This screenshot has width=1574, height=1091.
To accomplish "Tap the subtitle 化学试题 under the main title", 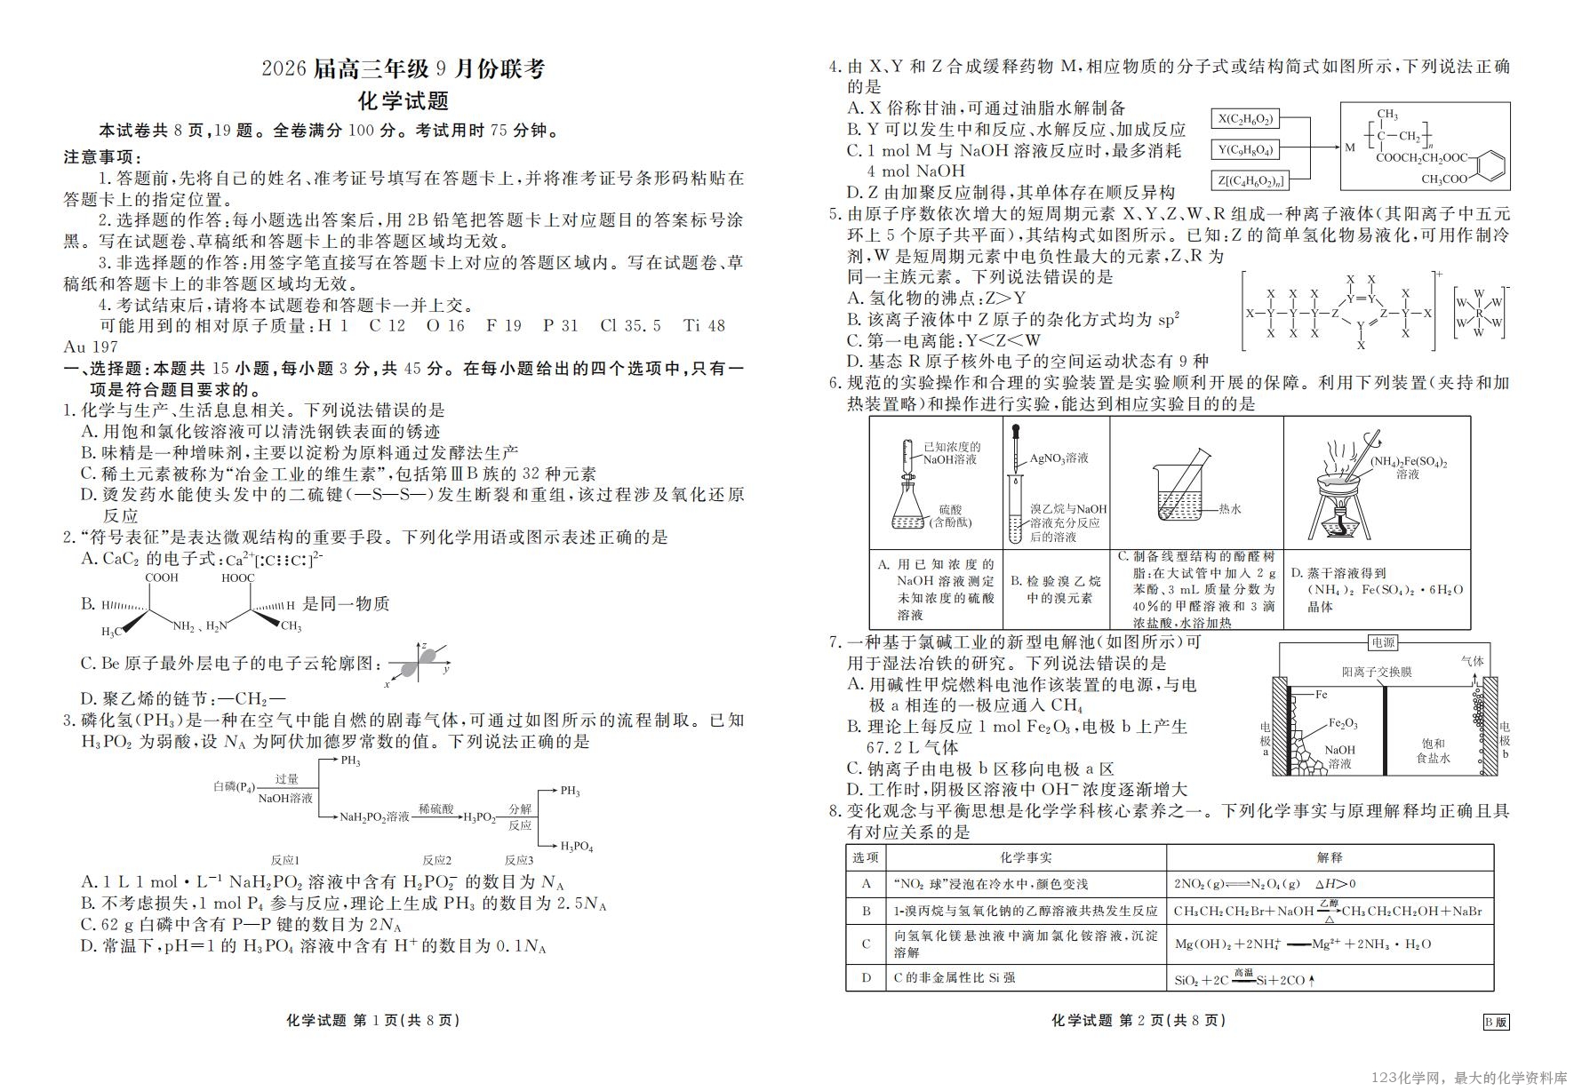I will tap(403, 100).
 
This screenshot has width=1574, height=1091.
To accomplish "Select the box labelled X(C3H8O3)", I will tap(1245, 118).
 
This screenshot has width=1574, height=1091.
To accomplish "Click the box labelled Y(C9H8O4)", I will tap(1245, 150).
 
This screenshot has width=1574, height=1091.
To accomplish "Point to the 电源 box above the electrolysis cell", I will tap(1383, 642).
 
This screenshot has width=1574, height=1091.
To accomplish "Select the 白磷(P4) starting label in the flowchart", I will tap(235, 787).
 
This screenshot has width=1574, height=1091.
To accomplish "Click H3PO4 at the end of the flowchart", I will tap(576, 847).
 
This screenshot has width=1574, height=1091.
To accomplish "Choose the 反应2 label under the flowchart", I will tap(436, 860).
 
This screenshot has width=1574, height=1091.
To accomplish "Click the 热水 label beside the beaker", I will tap(1229, 509).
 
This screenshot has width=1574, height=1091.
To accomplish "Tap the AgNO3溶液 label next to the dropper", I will tap(1059, 458).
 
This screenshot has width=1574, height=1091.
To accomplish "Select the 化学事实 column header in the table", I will tap(1026, 857).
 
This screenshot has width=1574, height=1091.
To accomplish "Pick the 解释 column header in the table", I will tap(1330, 857).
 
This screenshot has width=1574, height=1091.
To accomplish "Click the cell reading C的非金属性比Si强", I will tap(954, 977).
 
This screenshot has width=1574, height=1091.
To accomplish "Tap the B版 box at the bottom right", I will tap(1496, 1022).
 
